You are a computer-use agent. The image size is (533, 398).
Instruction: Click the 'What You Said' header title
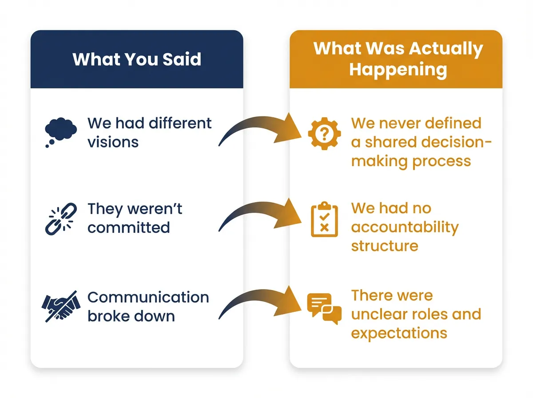click(137, 59)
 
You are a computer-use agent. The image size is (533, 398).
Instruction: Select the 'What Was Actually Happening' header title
click(398, 59)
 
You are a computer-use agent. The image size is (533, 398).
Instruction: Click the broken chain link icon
click(61, 218)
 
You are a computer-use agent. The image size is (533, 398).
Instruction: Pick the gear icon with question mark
click(324, 132)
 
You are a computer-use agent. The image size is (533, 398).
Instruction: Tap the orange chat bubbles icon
click(324, 307)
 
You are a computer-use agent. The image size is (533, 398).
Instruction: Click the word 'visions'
click(113, 142)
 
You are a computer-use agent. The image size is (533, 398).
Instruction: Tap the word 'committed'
click(128, 227)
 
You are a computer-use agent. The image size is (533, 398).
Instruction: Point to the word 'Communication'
click(148, 297)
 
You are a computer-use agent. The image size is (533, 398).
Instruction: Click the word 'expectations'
click(399, 333)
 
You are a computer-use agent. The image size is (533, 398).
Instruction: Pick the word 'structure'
click(384, 246)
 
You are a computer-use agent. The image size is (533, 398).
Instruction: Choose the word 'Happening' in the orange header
click(398, 70)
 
